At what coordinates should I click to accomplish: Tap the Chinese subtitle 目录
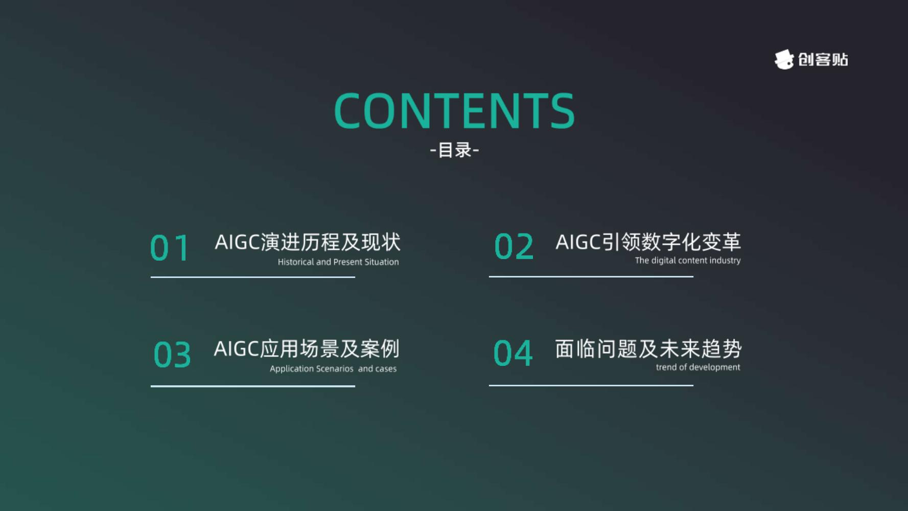(455, 150)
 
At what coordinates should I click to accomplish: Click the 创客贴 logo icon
(784, 60)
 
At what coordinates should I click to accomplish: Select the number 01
(170, 248)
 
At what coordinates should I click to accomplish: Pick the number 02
(514, 246)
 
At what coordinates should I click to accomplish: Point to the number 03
(172, 355)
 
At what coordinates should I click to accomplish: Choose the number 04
(513, 353)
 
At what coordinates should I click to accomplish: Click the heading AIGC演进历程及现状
(308, 242)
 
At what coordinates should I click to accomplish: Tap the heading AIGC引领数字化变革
(648, 242)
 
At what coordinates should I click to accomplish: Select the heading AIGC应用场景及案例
(307, 349)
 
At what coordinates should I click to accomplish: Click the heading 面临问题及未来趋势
(648, 349)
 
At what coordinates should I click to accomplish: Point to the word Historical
(296, 262)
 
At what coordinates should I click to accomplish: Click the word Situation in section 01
(381, 262)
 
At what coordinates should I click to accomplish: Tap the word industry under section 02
(724, 261)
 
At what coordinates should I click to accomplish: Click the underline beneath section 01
(253, 277)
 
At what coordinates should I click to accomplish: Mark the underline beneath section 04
(591, 385)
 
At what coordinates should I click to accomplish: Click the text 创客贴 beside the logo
(823, 60)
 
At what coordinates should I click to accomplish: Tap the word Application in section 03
(291, 369)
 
